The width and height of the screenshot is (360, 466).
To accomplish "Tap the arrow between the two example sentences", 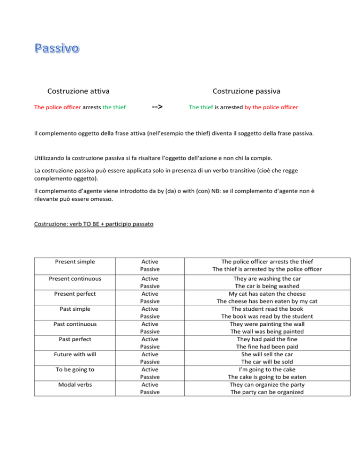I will [x=157, y=106].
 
